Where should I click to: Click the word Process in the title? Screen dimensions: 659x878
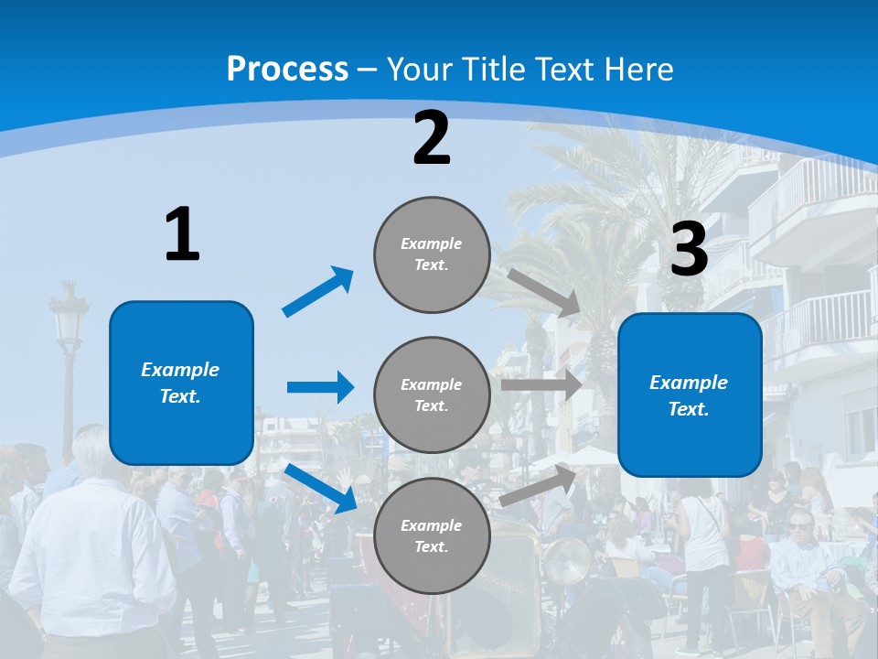point(287,70)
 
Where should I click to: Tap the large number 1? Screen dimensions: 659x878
point(182,235)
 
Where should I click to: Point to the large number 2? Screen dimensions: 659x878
point(432,138)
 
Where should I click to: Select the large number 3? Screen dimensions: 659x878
point(689,250)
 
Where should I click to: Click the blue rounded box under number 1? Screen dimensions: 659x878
point(181,383)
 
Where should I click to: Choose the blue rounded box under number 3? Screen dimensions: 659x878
point(690,394)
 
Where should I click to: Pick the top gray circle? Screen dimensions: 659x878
point(432,254)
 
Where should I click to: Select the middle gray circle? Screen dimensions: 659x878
point(432,394)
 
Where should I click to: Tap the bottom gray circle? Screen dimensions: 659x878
point(432,535)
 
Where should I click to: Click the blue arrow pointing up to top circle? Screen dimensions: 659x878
point(318,292)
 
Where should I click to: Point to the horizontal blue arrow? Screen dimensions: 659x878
point(320,387)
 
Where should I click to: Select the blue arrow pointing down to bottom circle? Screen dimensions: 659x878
point(321,488)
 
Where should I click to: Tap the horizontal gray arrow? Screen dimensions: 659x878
point(541,384)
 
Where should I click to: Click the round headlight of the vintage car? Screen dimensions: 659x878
point(568,560)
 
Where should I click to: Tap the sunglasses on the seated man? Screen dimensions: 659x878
point(798,524)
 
